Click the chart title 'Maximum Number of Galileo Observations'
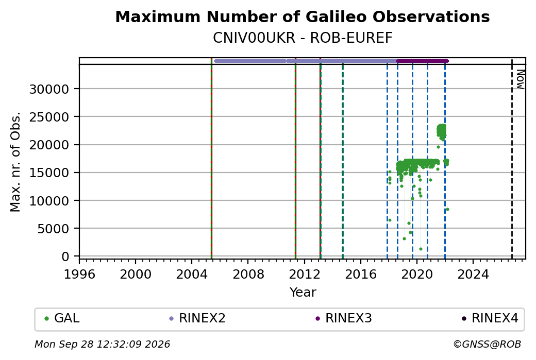click(x=302, y=16)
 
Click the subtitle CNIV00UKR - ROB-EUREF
click(x=302, y=38)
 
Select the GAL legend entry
click(x=62, y=318)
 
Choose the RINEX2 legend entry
click(x=197, y=318)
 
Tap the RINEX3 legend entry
click(x=344, y=318)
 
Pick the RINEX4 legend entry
click(x=490, y=318)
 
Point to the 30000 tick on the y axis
click(x=49, y=90)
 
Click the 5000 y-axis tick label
click(x=53, y=229)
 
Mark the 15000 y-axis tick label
click(x=49, y=173)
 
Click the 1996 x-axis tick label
click(x=79, y=275)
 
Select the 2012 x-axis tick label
click(x=304, y=275)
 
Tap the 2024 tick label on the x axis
click(x=473, y=275)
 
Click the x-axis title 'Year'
click(x=303, y=293)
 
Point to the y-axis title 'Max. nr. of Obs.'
click(x=15, y=162)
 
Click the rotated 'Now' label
click(x=520, y=79)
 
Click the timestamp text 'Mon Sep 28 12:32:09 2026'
click(x=103, y=344)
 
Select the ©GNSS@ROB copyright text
click(x=487, y=344)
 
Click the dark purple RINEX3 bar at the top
click(x=423, y=61)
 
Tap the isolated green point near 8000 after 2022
click(x=447, y=210)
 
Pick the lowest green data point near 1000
click(x=421, y=249)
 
